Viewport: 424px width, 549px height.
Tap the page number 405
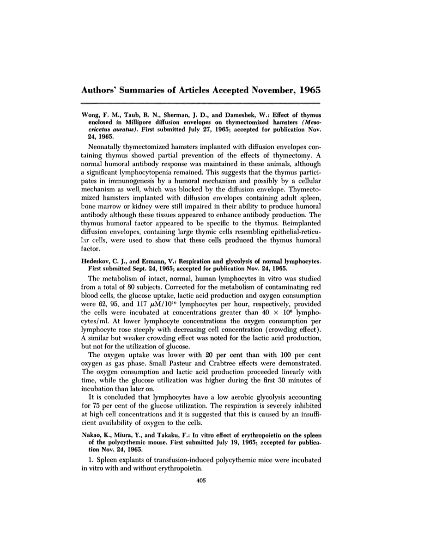click(200, 480)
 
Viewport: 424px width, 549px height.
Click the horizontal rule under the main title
click(200, 104)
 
